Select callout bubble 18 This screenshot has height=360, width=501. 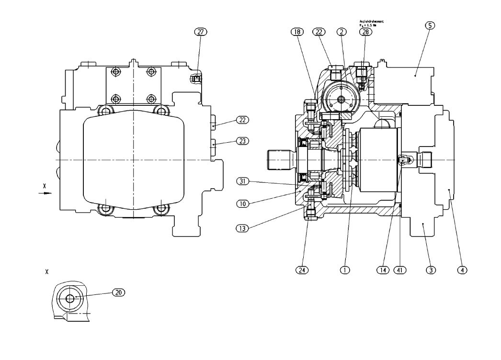point(296,32)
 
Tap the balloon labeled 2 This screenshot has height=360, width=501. point(342,32)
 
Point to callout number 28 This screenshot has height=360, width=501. point(365,32)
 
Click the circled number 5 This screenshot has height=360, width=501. point(430,25)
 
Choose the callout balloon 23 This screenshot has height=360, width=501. point(242,141)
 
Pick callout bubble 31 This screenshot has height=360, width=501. point(242,180)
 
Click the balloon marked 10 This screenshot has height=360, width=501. point(242,203)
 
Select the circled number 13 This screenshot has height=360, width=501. point(242,228)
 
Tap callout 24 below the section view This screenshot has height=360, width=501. point(302,270)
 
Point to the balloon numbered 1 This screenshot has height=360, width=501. point(344,270)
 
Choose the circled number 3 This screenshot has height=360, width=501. point(431,270)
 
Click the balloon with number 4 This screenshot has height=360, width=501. point(462,270)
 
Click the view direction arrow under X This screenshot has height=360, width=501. point(45,193)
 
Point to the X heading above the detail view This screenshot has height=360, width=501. point(46,271)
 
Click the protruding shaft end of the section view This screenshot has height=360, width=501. point(279,159)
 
